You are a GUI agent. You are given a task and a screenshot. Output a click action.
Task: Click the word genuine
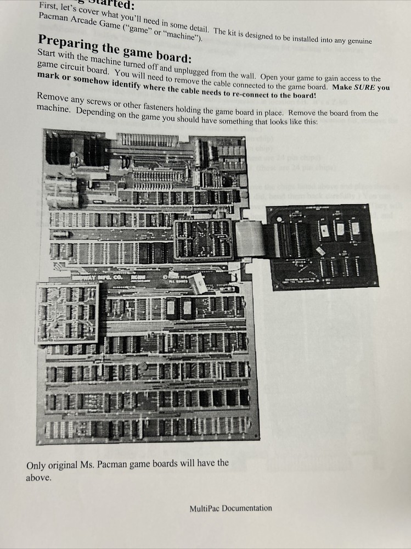point(356,41)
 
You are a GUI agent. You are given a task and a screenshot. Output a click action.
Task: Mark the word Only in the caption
point(36,466)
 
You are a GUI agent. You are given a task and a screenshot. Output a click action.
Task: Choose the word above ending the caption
point(38,478)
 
